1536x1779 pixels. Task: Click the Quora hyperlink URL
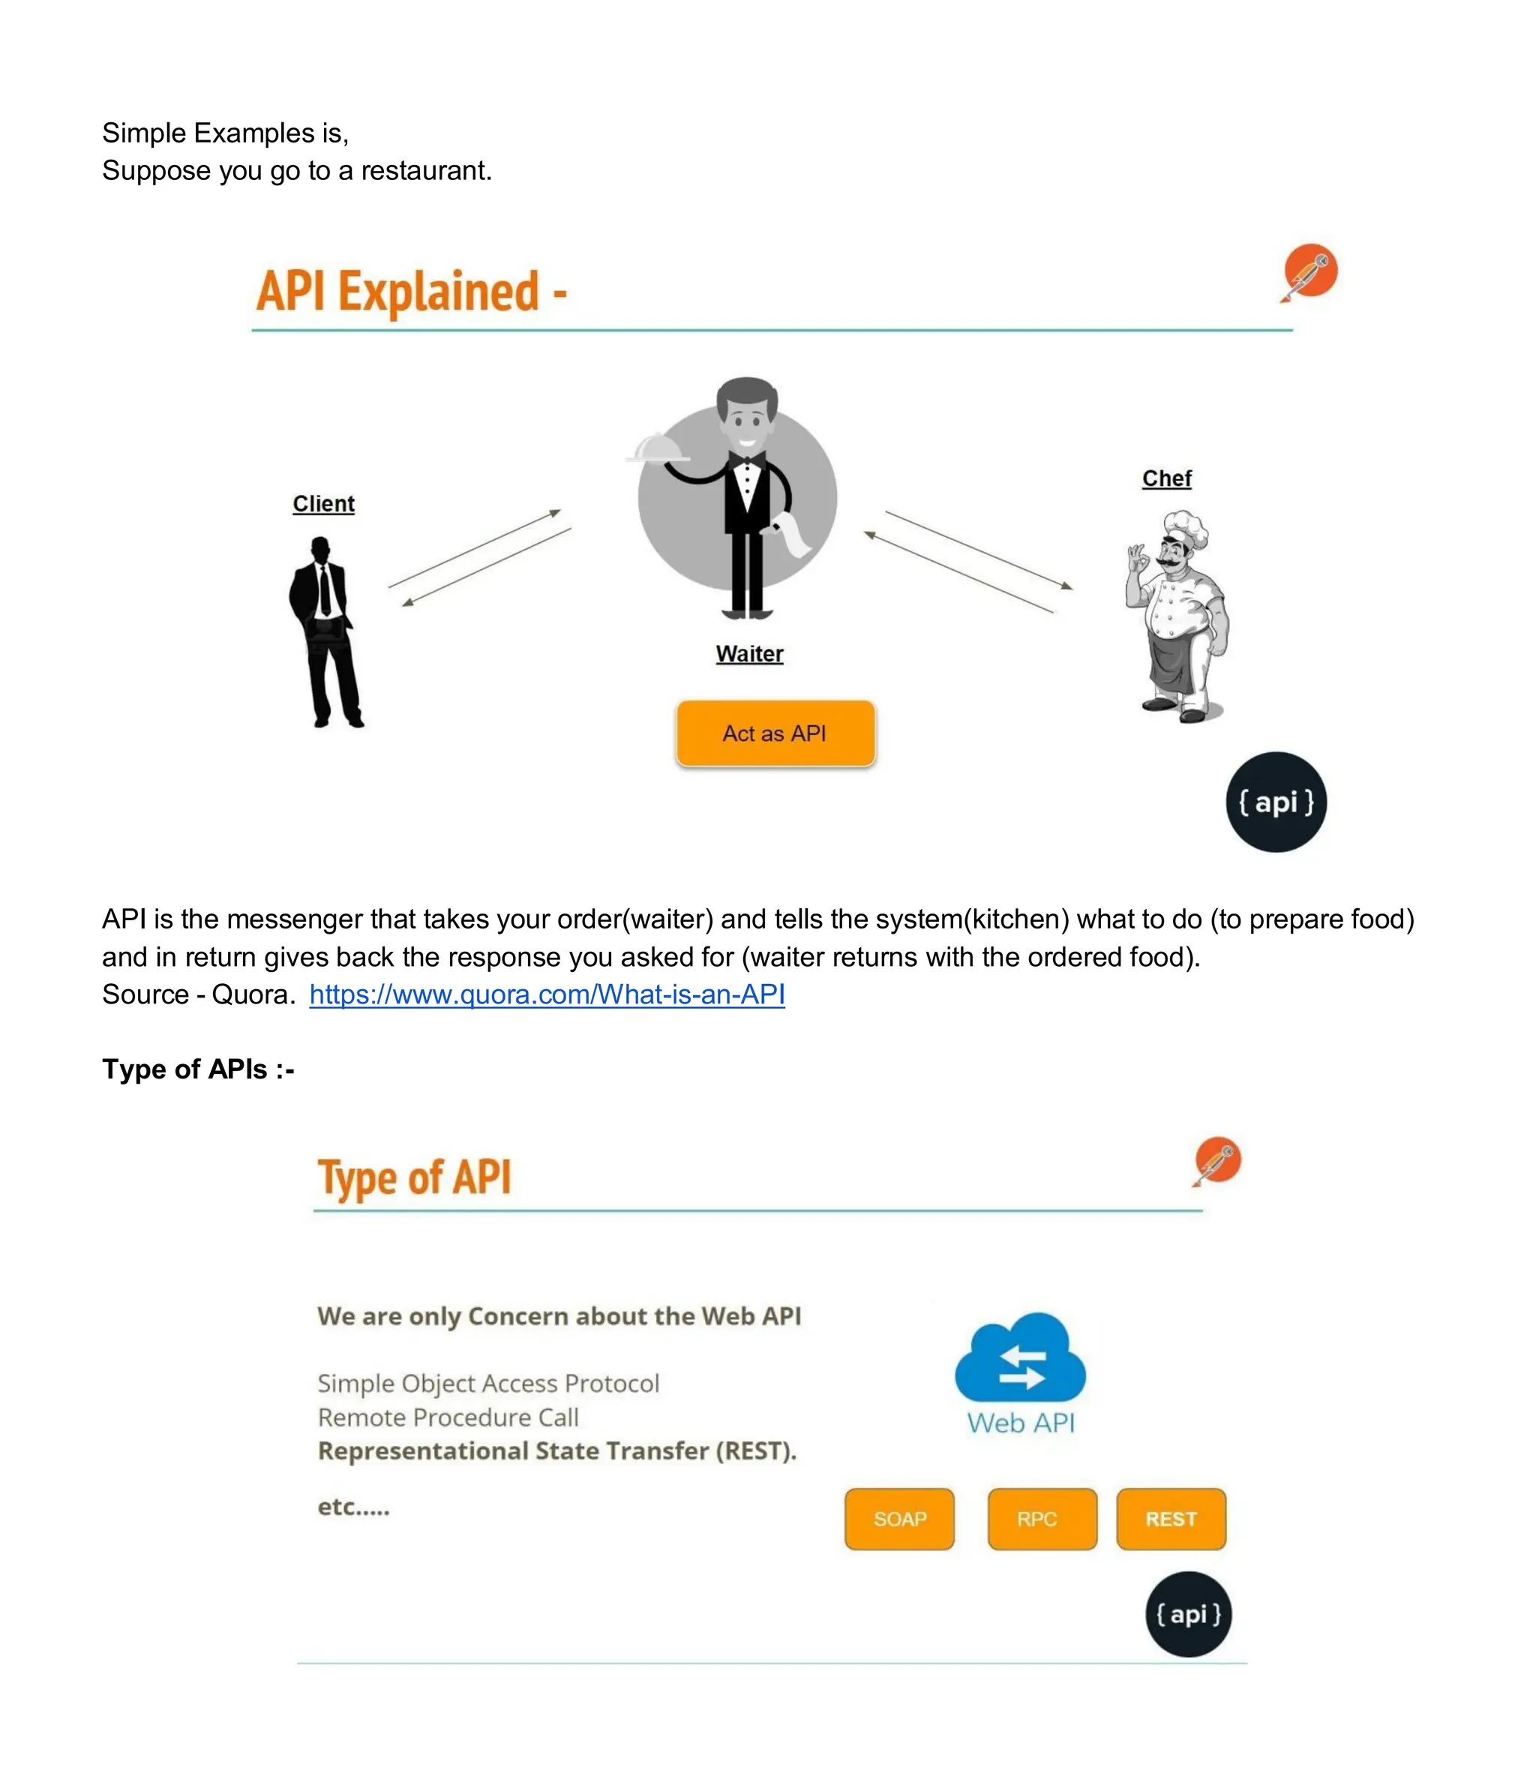tap(547, 994)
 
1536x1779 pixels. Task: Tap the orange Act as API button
tap(775, 733)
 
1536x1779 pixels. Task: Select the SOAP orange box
tap(899, 1519)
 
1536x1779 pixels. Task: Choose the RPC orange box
tap(1042, 1519)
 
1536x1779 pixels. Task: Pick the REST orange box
tap(1170, 1519)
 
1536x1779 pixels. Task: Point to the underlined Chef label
tap(1166, 478)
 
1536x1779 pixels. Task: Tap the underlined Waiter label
tap(748, 654)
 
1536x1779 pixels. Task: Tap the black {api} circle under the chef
tap(1275, 802)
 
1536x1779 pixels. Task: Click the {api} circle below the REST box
tap(1187, 1614)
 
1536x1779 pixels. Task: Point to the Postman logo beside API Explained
tap(1309, 271)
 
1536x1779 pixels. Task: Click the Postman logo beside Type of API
tap(1216, 1160)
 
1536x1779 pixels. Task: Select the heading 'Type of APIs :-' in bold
tap(198, 1069)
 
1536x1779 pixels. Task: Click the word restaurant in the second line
tap(425, 171)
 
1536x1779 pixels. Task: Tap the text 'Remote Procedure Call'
tap(447, 1417)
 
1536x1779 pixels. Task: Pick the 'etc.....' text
tap(353, 1507)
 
